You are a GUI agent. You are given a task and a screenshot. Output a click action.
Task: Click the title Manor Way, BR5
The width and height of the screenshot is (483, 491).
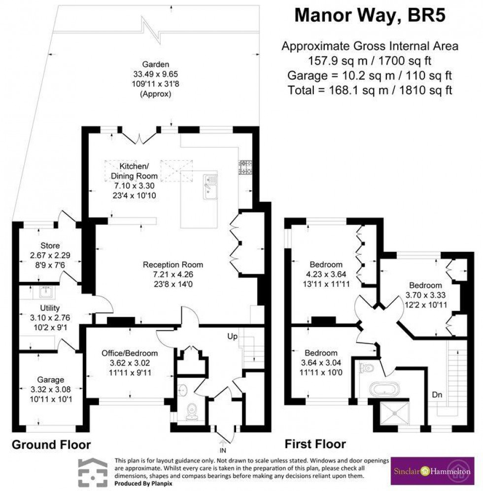click(370, 16)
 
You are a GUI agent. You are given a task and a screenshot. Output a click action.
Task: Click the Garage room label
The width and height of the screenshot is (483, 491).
click(51, 379)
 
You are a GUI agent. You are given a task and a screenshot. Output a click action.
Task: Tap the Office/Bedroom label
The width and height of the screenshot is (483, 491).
click(130, 353)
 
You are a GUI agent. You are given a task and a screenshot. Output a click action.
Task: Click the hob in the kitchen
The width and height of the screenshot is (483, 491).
click(245, 167)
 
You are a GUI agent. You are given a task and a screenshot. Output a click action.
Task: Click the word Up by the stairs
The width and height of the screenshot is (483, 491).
click(233, 336)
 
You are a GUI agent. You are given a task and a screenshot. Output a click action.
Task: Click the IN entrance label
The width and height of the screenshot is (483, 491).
click(223, 449)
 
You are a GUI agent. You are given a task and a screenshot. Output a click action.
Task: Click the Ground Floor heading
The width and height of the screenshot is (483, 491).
click(51, 445)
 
